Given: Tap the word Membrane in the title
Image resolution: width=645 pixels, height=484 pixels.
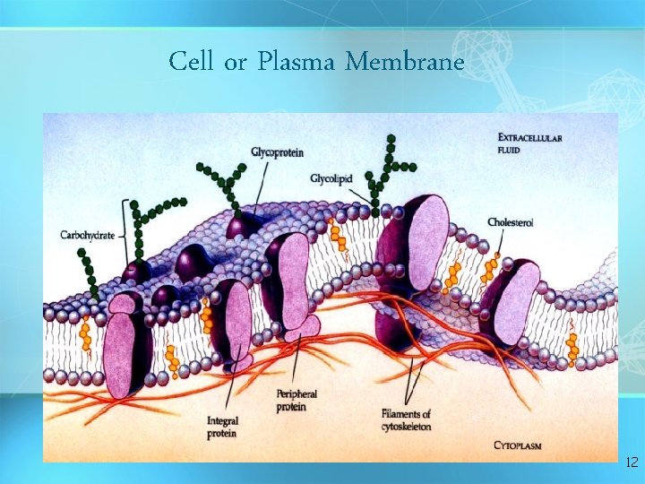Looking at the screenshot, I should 405,63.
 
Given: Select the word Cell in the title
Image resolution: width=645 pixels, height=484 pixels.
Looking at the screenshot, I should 192,63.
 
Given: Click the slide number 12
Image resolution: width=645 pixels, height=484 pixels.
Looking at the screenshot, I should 631,462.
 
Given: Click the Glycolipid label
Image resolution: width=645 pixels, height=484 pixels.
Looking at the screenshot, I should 331,179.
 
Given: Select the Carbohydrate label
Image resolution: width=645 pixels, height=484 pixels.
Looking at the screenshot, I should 87,235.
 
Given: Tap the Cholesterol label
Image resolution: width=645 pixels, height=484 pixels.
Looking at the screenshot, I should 511,221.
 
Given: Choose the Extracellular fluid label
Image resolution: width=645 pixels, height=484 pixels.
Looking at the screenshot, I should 529,143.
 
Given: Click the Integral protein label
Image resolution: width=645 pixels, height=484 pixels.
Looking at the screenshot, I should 222,427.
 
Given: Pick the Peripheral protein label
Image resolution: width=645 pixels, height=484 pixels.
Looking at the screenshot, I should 297,400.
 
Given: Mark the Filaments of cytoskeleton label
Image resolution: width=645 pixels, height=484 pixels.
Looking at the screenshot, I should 406,419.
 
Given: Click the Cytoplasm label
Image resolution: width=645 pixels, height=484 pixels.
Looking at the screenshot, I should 518,445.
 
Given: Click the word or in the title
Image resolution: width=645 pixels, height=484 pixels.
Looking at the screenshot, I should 236,63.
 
